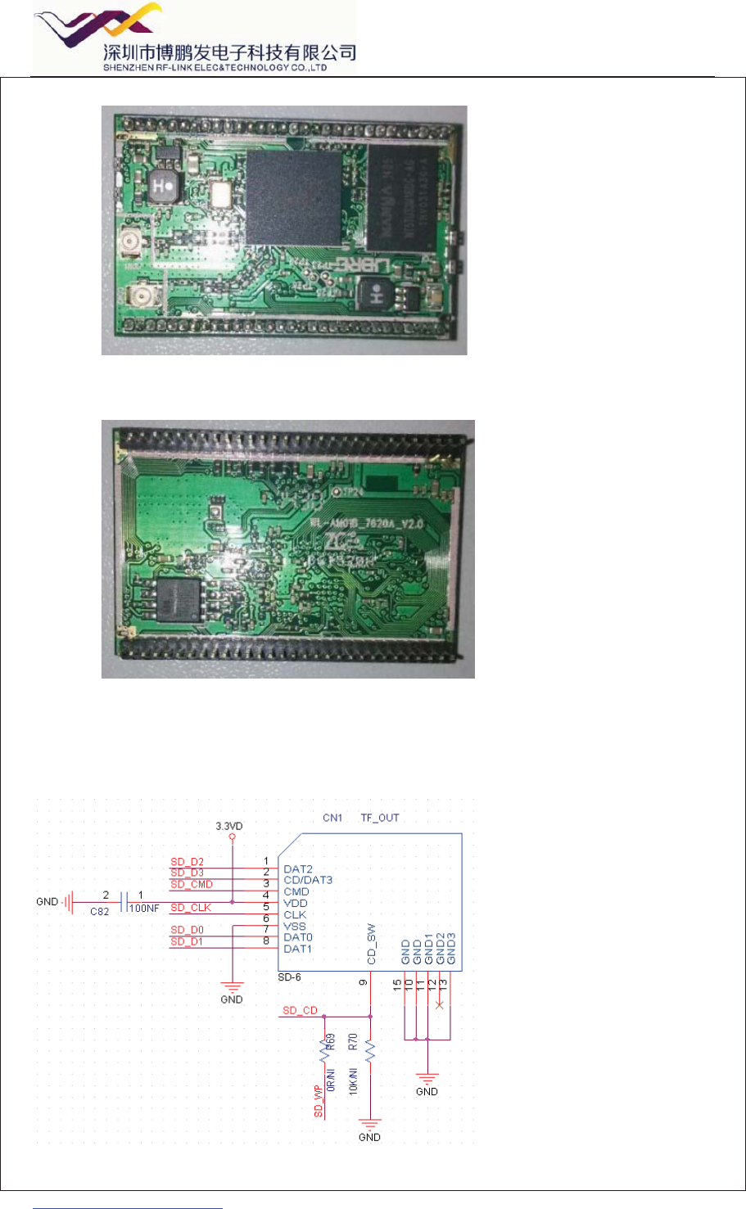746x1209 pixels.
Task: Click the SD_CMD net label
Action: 192,884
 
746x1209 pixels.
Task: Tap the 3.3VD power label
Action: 229,827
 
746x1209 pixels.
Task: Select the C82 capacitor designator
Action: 99,911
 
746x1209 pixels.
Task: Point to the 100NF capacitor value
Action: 144,909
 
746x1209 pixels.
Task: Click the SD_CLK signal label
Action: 191,908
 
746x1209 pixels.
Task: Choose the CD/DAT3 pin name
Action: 308,880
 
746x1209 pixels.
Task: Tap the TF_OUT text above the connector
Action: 380,818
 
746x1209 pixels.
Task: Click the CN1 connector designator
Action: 332,818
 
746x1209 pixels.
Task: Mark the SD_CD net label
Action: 300,1011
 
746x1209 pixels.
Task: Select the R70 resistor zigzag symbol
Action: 370,1051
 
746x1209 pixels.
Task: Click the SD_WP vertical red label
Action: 319,1102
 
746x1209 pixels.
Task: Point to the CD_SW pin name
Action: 371,944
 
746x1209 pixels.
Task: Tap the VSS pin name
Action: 295,926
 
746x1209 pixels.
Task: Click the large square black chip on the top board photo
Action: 294,197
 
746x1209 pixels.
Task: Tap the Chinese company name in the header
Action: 230,53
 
